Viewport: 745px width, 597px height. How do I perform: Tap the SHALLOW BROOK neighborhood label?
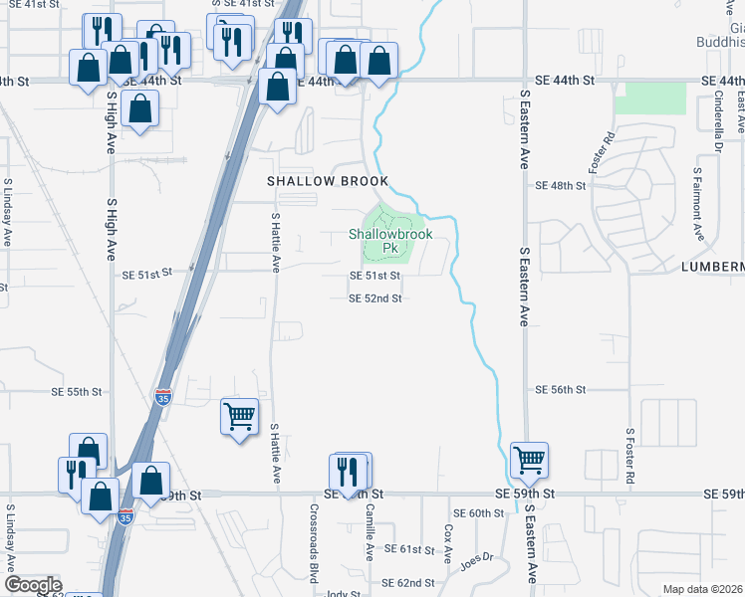point(326,181)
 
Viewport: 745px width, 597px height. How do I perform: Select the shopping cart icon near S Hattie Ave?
point(240,417)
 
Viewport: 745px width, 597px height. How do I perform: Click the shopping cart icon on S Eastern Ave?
point(529,460)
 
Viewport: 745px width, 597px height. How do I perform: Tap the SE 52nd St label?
point(375,298)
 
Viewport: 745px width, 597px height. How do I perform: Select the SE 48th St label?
point(557,186)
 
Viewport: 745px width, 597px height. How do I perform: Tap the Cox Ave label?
point(448,541)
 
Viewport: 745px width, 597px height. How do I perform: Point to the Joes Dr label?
point(476,560)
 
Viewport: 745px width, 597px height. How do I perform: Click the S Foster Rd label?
point(629,457)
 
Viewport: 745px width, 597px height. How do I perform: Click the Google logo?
point(33,585)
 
